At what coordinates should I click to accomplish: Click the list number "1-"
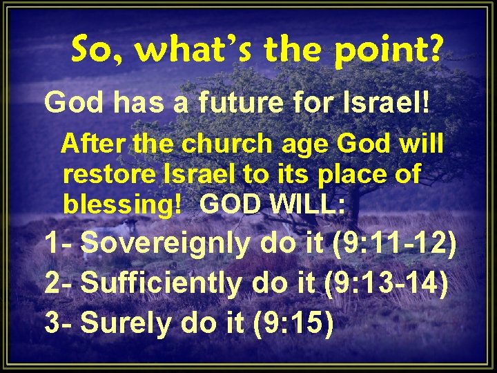pos(59,244)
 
